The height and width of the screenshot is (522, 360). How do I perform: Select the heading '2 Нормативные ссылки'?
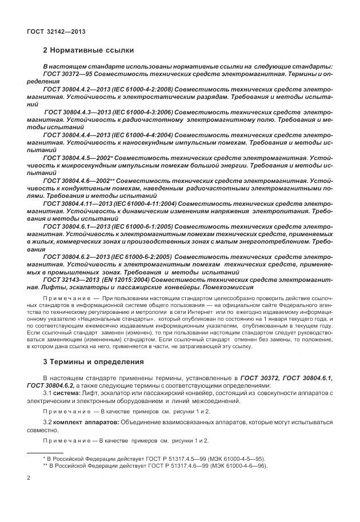coord(86,50)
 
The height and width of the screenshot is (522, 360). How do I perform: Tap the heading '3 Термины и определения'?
coord(91,361)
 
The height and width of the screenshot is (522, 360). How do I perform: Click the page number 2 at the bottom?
coord(29,476)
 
